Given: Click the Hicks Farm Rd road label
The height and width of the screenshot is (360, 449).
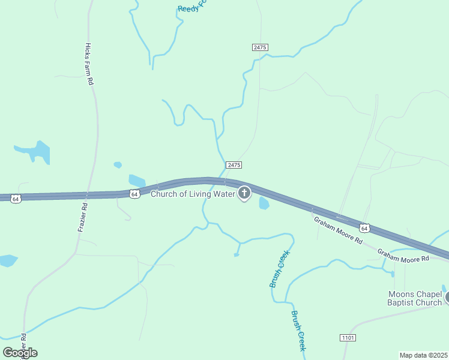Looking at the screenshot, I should tap(89, 64).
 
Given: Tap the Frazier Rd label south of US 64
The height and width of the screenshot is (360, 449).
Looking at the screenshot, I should tap(83, 217).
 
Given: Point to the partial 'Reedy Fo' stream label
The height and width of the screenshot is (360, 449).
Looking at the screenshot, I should tap(191, 8).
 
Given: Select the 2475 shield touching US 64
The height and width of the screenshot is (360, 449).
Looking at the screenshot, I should tap(234, 165).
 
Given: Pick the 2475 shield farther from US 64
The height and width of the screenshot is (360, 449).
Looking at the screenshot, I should tap(259, 47).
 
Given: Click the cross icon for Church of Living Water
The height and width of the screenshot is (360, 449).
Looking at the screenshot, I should tap(244, 193).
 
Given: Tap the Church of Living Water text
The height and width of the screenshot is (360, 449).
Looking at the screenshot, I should tap(192, 193).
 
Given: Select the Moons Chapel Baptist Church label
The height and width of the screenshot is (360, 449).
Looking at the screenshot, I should tap(415, 298).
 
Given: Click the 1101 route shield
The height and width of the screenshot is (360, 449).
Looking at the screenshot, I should tap(348, 337).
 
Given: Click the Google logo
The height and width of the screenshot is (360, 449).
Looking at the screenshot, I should tap(20, 352).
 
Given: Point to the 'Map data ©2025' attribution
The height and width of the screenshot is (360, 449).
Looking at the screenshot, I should tap(424, 355).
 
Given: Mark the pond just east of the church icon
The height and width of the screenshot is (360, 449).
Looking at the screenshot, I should tap(264, 203).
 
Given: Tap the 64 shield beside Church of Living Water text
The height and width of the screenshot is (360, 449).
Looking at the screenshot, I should tap(135, 194).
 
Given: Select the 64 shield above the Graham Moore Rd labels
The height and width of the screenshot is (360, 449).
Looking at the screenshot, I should tap(364, 228).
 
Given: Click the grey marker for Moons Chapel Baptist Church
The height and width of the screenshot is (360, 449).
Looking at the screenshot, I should tap(447, 296).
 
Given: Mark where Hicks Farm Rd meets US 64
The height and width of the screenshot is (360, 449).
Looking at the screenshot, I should tap(88, 195).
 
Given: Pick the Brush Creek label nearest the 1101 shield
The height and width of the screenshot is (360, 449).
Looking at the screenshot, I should tap(299, 331).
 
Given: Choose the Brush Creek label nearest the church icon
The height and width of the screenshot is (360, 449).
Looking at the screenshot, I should tap(279, 269).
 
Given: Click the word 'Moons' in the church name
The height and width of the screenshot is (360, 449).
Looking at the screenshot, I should tap(402, 294).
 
